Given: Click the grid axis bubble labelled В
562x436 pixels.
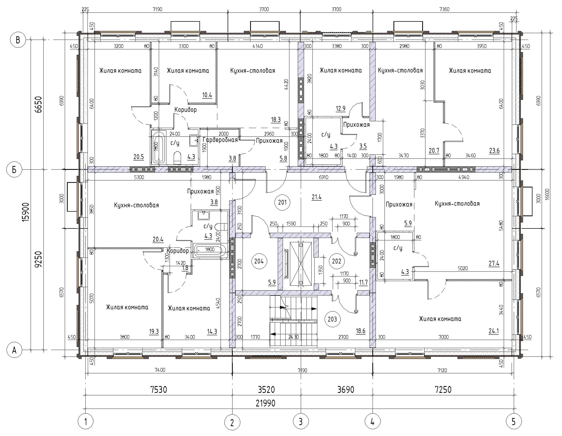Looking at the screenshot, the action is coord(18,40).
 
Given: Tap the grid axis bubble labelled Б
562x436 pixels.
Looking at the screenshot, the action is coord(14,170).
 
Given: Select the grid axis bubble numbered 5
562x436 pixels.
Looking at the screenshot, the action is coord(513,422).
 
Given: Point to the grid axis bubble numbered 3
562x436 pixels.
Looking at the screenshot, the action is coord(301,422).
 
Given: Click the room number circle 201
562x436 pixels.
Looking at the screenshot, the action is coord(282,202).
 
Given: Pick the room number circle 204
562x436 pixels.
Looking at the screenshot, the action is coord(259,261).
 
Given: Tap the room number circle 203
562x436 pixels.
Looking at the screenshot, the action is coord(332,319).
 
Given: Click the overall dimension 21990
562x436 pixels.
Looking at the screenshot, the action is coord(266,403).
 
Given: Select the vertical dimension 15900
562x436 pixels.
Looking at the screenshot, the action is coord(26,212).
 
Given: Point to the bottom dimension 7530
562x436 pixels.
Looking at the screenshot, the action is coord(159,390).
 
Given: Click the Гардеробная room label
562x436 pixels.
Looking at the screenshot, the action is coord(220,140).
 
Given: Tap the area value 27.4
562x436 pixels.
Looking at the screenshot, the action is coord(494,263).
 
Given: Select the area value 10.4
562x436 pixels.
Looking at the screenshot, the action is coord(207,95).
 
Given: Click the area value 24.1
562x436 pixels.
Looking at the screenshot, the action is coord(493,331).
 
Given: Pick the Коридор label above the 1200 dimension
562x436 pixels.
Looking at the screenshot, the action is coord(185,110).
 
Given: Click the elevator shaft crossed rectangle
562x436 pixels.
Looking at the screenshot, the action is coord(301,263).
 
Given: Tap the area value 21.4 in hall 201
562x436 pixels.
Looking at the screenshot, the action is coord(316,197).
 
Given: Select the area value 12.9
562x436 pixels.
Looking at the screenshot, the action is coord(341,109).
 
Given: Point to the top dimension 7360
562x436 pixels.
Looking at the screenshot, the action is coord(444,9).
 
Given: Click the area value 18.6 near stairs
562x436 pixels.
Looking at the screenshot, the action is coord(360,331).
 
